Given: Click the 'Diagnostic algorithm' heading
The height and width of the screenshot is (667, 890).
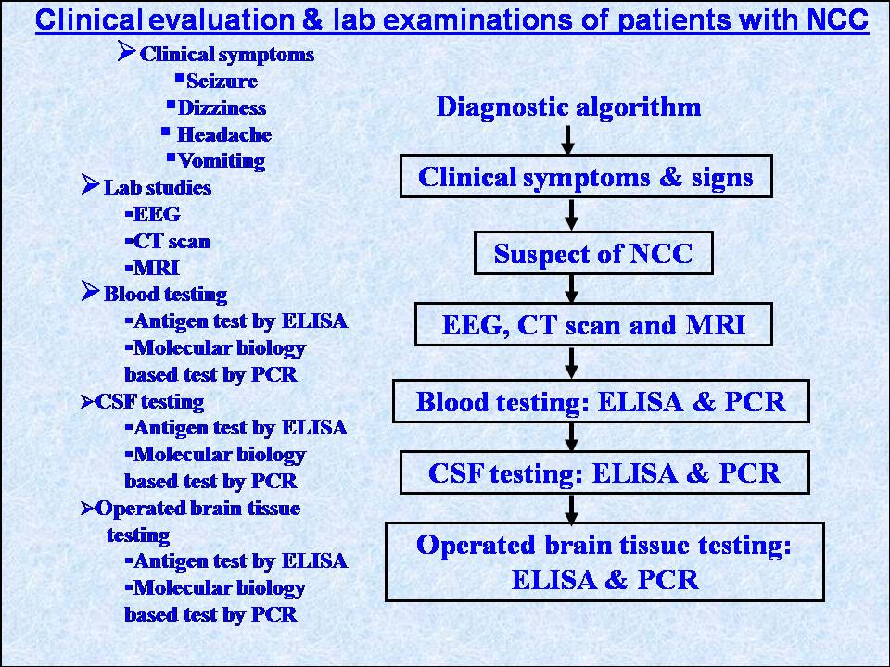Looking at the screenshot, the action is [x=568, y=107].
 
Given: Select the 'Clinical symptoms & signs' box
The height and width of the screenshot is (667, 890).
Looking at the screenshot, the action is [x=586, y=176].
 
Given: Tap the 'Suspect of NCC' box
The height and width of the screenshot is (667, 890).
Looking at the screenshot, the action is [x=593, y=253].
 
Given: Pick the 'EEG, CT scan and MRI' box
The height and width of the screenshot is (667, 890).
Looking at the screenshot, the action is [x=593, y=324].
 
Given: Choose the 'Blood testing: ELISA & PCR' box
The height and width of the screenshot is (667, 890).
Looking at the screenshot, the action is [x=601, y=401].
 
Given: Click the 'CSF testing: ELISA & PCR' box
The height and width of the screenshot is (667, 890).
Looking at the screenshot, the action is [x=604, y=473].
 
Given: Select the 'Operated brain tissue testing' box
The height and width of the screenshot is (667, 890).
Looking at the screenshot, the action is [x=604, y=561].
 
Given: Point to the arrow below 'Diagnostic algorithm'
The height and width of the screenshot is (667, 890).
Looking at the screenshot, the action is [x=567, y=140].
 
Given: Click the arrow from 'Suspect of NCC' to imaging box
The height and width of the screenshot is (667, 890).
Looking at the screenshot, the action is [x=572, y=289].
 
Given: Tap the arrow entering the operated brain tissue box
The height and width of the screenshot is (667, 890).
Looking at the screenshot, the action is [x=572, y=509].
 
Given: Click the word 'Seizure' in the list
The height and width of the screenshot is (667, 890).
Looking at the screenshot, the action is [x=222, y=82].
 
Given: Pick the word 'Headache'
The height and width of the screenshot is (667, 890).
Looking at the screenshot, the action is [x=224, y=134].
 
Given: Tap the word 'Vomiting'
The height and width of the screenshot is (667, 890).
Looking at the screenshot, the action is [x=222, y=161].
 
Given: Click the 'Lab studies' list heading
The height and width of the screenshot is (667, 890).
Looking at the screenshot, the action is [x=158, y=188].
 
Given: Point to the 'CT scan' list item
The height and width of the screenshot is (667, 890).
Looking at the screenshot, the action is [x=172, y=241].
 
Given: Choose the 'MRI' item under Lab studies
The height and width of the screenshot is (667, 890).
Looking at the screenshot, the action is [x=157, y=268].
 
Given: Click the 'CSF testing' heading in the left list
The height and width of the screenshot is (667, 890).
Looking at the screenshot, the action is [x=149, y=401].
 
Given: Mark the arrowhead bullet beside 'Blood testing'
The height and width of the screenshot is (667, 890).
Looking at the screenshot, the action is [x=90, y=291].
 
